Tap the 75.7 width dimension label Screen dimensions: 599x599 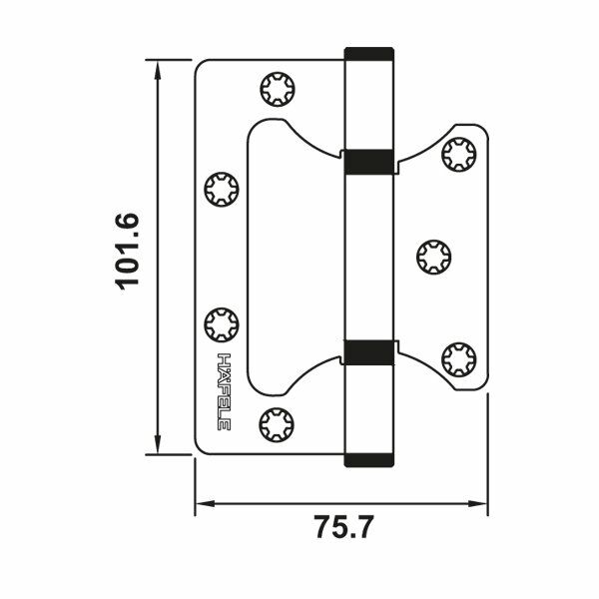tap(342, 526)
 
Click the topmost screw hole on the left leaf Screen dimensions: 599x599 tap(275, 90)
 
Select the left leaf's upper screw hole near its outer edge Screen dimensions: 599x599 tap(221, 189)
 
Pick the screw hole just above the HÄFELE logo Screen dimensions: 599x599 tap(221, 324)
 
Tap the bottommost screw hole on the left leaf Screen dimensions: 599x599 tap(275, 423)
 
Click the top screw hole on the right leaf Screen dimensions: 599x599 tap(457, 153)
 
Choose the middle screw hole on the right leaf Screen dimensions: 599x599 tap(431, 253)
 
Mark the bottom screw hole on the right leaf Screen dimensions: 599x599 tap(457, 356)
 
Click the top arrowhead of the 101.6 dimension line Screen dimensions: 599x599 tap(159, 66)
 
